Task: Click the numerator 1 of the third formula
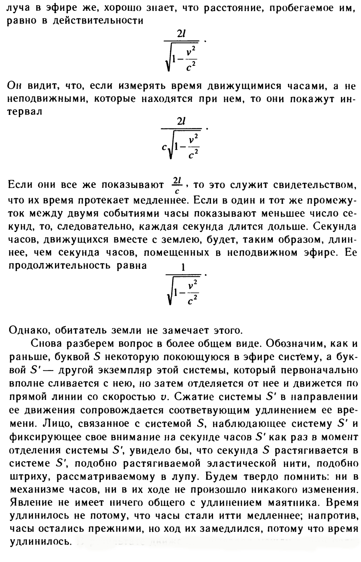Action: click(x=183, y=268)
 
